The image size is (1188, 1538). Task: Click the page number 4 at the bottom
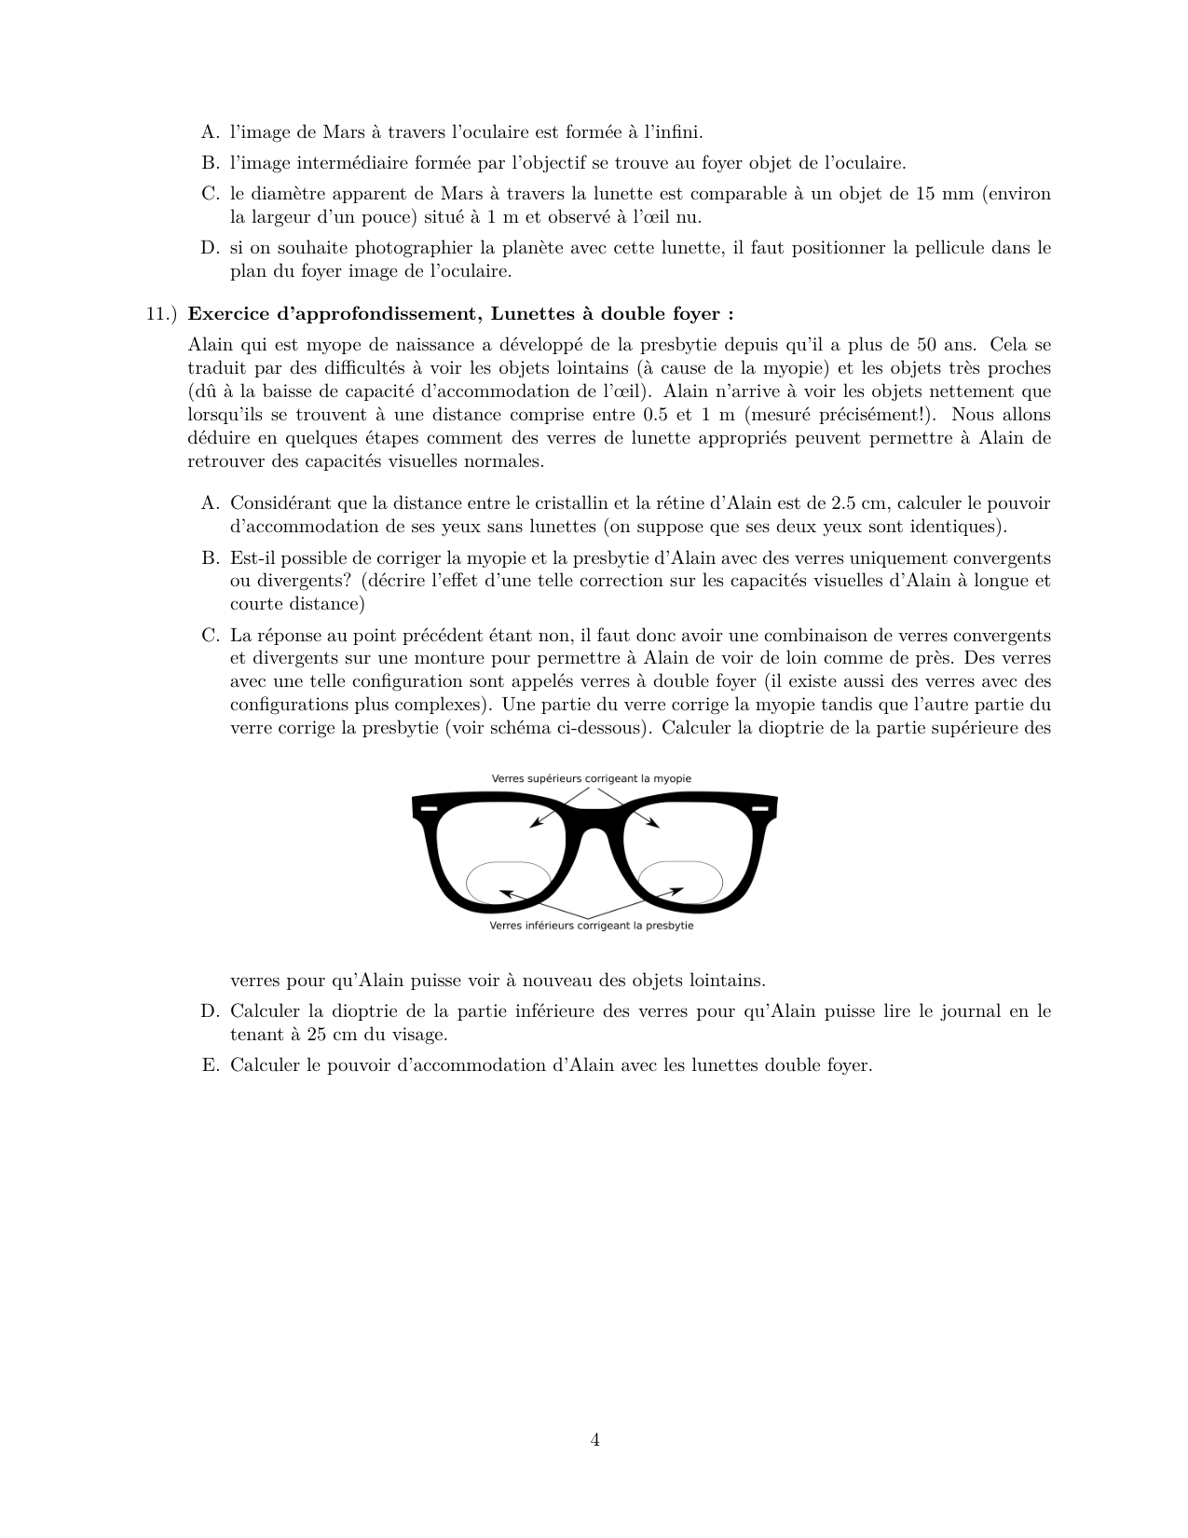pos(594,1440)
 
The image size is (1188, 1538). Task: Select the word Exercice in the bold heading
pos(228,313)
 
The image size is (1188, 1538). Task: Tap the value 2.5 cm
pos(857,503)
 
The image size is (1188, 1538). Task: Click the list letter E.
pos(209,1065)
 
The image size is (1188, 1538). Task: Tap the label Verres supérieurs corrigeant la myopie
pos(592,778)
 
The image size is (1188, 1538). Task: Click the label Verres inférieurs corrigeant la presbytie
pos(592,926)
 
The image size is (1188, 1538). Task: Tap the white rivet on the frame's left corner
pos(428,808)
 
